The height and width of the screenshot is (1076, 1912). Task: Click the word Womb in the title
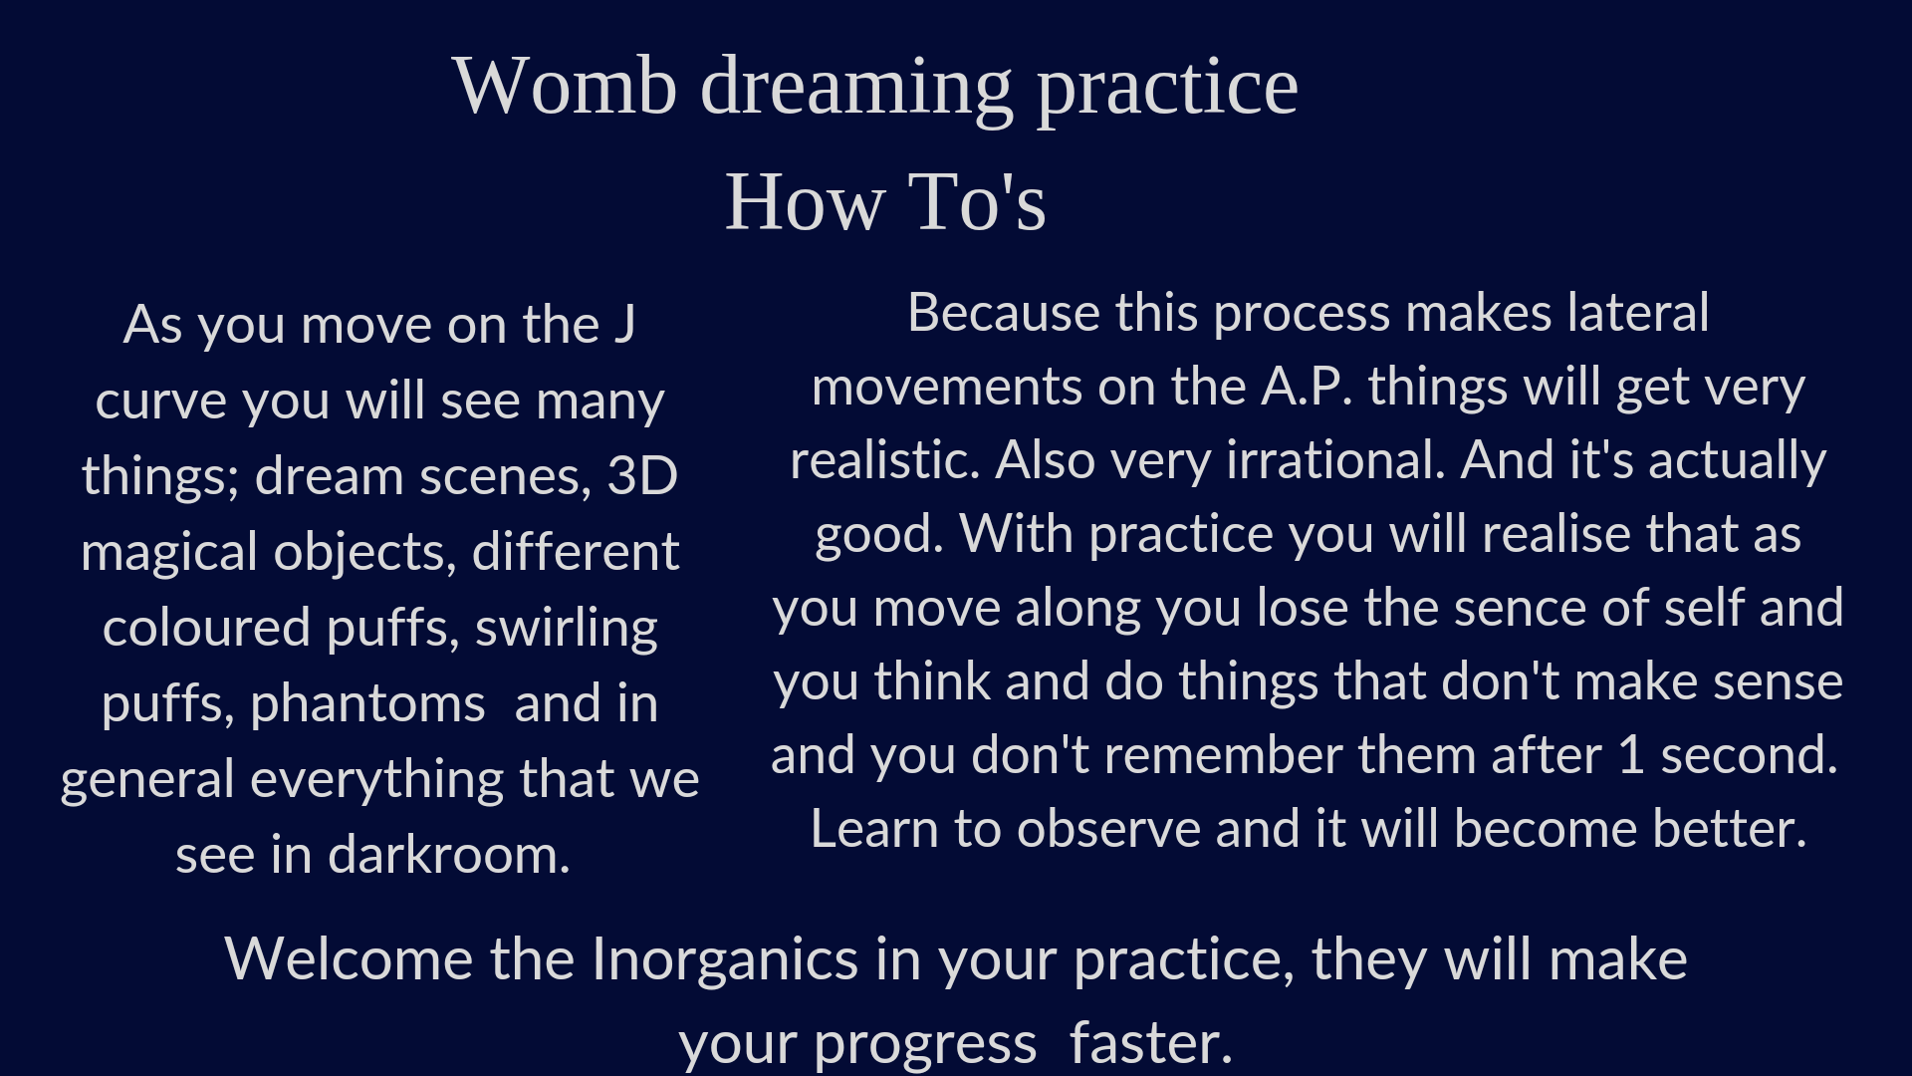pyautogui.click(x=565, y=86)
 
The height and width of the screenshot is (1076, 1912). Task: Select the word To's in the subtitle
pyautogui.click(x=977, y=202)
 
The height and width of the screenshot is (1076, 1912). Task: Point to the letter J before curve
pyautogui.click(x=624, y=325)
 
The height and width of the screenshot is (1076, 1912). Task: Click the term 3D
pyautogui.click(x=642, y=476)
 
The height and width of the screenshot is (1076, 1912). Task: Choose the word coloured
pyautogui.click(x=207, y=629)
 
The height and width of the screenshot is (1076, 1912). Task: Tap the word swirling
pyautogui.click(x=567, y=630)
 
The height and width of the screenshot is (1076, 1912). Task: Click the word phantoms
pyautogui.click(x=367, y=705)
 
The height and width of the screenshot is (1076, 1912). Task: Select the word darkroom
pyautogui.click(x=449, y=856)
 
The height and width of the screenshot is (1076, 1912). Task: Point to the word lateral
pyautogui.click(x=1638, y=314)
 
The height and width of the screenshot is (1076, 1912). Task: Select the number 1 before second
pyautogui.click(x=1631, y=756)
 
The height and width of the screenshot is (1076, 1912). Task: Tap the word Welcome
pyautogui.click(x=350, y=959)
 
